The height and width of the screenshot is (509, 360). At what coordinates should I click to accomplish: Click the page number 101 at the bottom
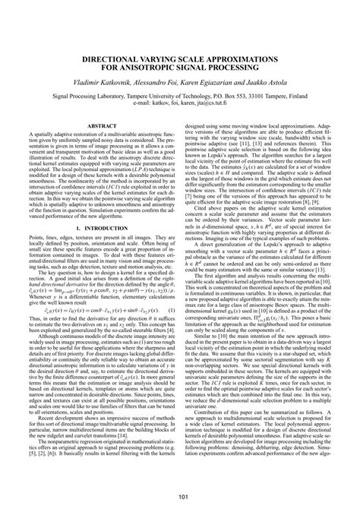[x=179, y=498]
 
